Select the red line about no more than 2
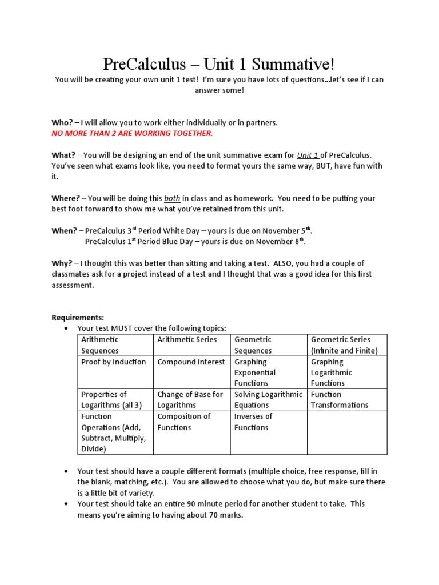132,133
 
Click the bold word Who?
62,123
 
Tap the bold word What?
63,155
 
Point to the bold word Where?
66,198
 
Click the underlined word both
172,198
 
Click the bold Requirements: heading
78,317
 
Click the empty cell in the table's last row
346,432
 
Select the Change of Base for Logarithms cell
191,399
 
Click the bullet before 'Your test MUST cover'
67,328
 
